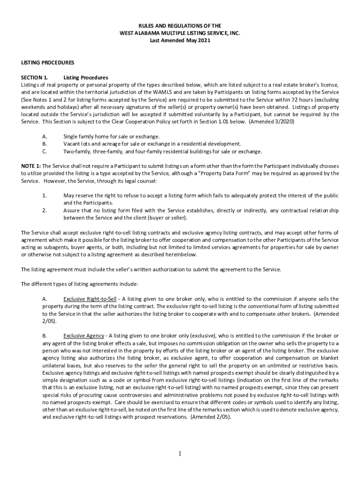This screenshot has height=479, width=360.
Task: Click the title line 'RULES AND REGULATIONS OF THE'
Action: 180,26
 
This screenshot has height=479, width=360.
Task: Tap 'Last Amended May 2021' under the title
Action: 180,41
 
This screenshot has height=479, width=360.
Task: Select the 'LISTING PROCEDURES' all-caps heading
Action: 48,62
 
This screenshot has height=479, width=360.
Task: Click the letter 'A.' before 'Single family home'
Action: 44,136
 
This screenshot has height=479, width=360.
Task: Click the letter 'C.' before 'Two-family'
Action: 44,151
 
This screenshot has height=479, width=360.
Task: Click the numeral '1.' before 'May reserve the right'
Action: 44,196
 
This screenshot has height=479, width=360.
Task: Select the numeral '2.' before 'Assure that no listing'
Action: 44,210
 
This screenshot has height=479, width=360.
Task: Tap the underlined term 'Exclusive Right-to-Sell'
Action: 90,299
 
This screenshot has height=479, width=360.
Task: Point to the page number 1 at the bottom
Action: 180,454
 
